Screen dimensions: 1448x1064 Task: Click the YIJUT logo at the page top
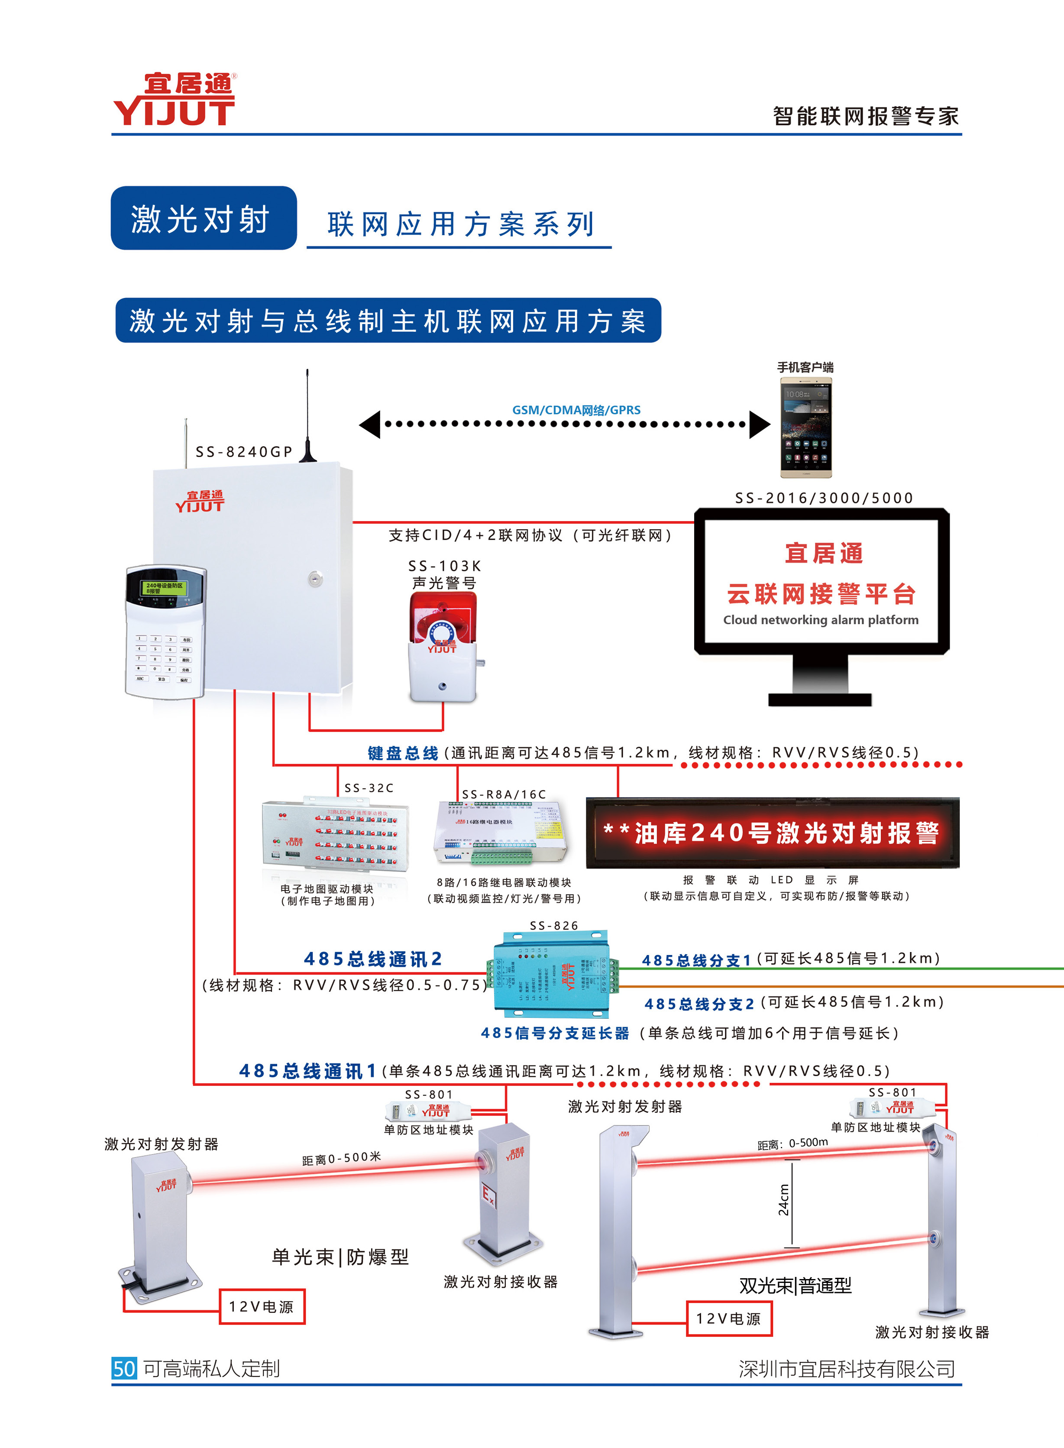[x=174, y=100]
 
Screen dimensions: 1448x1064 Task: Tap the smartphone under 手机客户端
[x=806, y=428]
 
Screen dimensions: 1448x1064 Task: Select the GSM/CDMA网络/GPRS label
[x=576, y=410]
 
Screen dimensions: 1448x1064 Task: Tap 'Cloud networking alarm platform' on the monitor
[x=821, y=620]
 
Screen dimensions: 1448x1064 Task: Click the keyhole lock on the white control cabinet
[x=314, y=578]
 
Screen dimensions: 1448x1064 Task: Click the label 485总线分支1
[x=696, y=960]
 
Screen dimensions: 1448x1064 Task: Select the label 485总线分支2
[x=699, y=1004]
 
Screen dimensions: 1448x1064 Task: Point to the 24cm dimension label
[x=783, y=1200]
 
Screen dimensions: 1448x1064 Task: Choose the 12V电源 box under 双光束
[x=728, y=1318]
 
